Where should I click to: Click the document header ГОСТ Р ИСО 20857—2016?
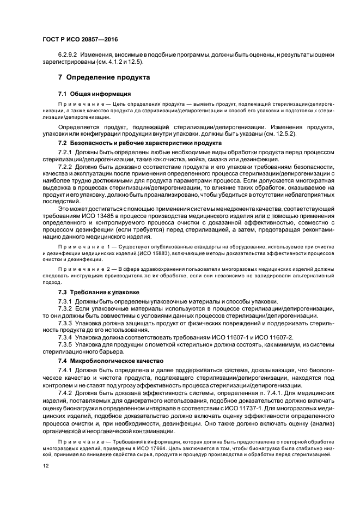coord(80,40)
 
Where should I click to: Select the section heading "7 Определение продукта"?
coord(103,77)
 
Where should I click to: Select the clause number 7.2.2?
coord(65,165)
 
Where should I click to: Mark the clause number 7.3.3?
coord(65,323)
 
